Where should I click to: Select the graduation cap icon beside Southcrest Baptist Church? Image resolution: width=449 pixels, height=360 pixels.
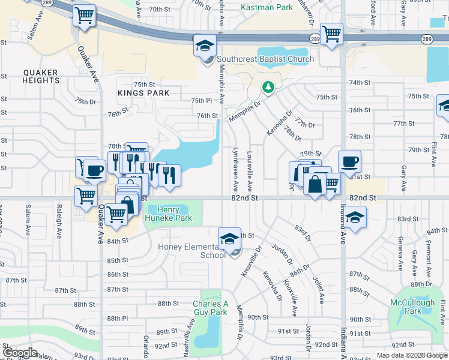[x=204, y=46]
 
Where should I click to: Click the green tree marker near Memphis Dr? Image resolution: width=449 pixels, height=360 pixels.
[x=268, y=88]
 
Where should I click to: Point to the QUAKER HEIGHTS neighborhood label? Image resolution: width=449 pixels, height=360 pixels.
[x=41, y=76]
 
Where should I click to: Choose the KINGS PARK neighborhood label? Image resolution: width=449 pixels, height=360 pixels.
[x=143, y=93]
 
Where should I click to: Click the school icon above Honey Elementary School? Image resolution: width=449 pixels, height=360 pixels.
[x=228, y=239]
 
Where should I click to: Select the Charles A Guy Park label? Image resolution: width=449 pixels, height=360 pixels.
[x=210, y=308]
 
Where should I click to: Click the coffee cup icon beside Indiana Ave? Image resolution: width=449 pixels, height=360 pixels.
[x=349, y=161]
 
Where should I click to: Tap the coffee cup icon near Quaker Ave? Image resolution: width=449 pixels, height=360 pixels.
[x=94, y=170]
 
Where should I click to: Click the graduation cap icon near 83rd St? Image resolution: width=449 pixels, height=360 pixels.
[x=355, y=217]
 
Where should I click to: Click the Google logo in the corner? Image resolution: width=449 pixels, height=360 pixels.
[x=20, y=353]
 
